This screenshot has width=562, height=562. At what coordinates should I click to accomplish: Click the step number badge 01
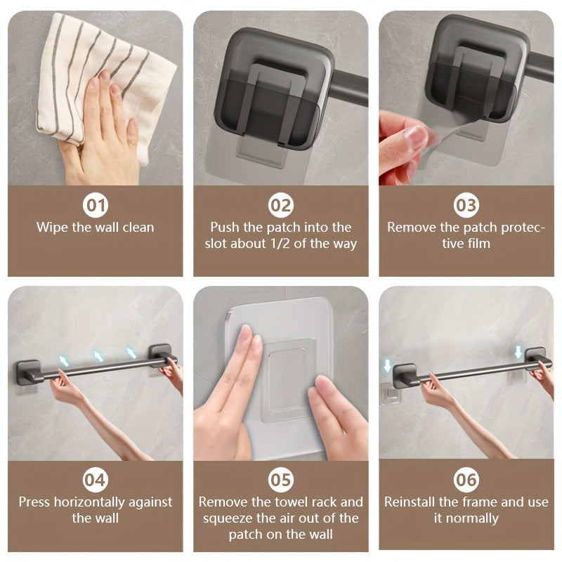pyautogui.click(x=96, y=205)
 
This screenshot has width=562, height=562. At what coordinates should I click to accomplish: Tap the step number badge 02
pyautogui.click(x=281, y=205)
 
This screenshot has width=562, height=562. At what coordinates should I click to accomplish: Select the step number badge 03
pyautogui.click(x=466, y=205)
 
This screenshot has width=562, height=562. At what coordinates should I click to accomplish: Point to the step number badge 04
pyautogui.click(x=96, y=480)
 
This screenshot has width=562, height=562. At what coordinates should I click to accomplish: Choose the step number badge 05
pyautogui.click(x=281, y=480)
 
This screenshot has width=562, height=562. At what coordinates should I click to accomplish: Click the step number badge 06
pyautogui.click(x=466, y=480)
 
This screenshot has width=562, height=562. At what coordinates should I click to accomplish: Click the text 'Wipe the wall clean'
pyautogui.click(x=96, y=228)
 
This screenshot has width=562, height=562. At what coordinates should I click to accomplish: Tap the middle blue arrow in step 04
pyautogui.click(x=98, y=356)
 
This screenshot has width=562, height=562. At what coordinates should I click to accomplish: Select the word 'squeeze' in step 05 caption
pyautogui.click(x=227, y=518)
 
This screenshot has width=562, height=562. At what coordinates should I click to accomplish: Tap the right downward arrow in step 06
pyautogui.click(x=518, y=351)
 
